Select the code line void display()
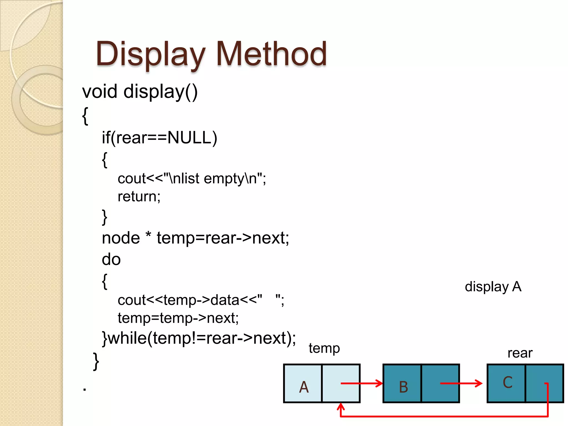[x=140, y=92]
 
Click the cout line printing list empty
[x=192, y=178]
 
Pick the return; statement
[x=139, y=197]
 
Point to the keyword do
[x=111, y=260]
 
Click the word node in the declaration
[x=121, y=238]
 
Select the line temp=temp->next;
[x=178, y=318]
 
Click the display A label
[x=493, y=286]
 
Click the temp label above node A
[x=324, y=348]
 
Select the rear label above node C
[x=520, y=353]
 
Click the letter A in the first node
[x=304, y=387]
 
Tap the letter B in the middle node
[x=404, y=387]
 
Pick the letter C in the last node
[x=508, y=382]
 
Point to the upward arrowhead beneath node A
[x=341, y=407]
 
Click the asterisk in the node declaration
[x=148, y=235]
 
